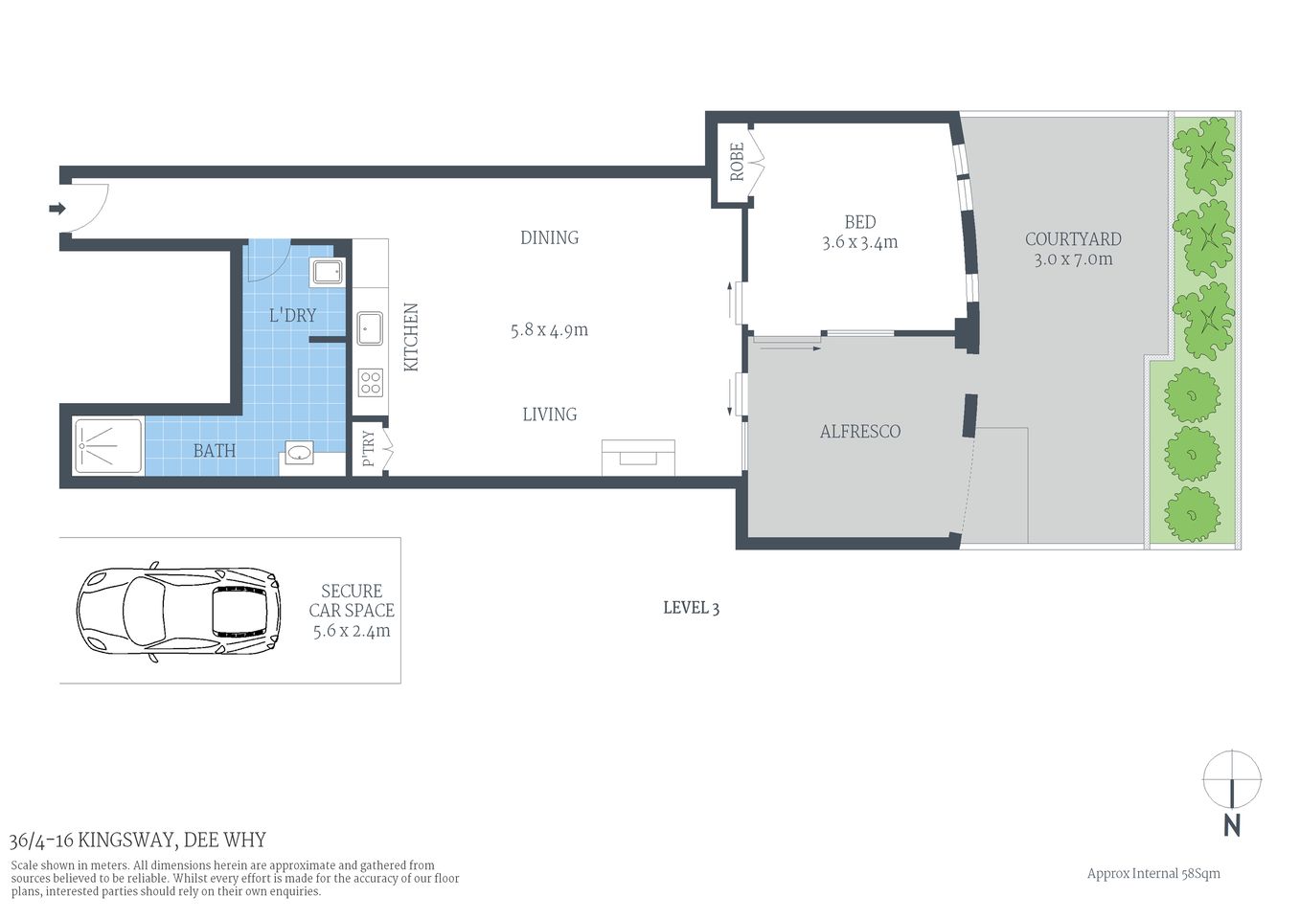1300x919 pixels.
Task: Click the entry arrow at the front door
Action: coord(57,208)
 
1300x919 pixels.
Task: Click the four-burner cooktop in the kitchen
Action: coord(370,383)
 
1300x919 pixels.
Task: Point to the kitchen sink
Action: coord(370,329)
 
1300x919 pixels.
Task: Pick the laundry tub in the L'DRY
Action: coord(328,272)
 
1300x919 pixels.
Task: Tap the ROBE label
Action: coord(737,162)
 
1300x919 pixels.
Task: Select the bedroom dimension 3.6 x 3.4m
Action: coord(859,243)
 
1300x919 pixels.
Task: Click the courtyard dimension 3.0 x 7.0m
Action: coord(1073,259)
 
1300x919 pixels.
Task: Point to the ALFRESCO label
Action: coord(859,432)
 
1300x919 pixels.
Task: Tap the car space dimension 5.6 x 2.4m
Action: coord(352,632)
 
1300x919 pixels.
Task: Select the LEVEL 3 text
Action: coord(691,608)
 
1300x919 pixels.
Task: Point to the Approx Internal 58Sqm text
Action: coord(1152,873)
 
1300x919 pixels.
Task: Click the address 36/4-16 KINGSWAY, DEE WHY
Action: coord(138,841)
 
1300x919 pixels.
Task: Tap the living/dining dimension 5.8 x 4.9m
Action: coord(549,330)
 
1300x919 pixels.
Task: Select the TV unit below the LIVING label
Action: coord(638,457)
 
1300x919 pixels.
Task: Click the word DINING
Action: coord(549,237)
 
